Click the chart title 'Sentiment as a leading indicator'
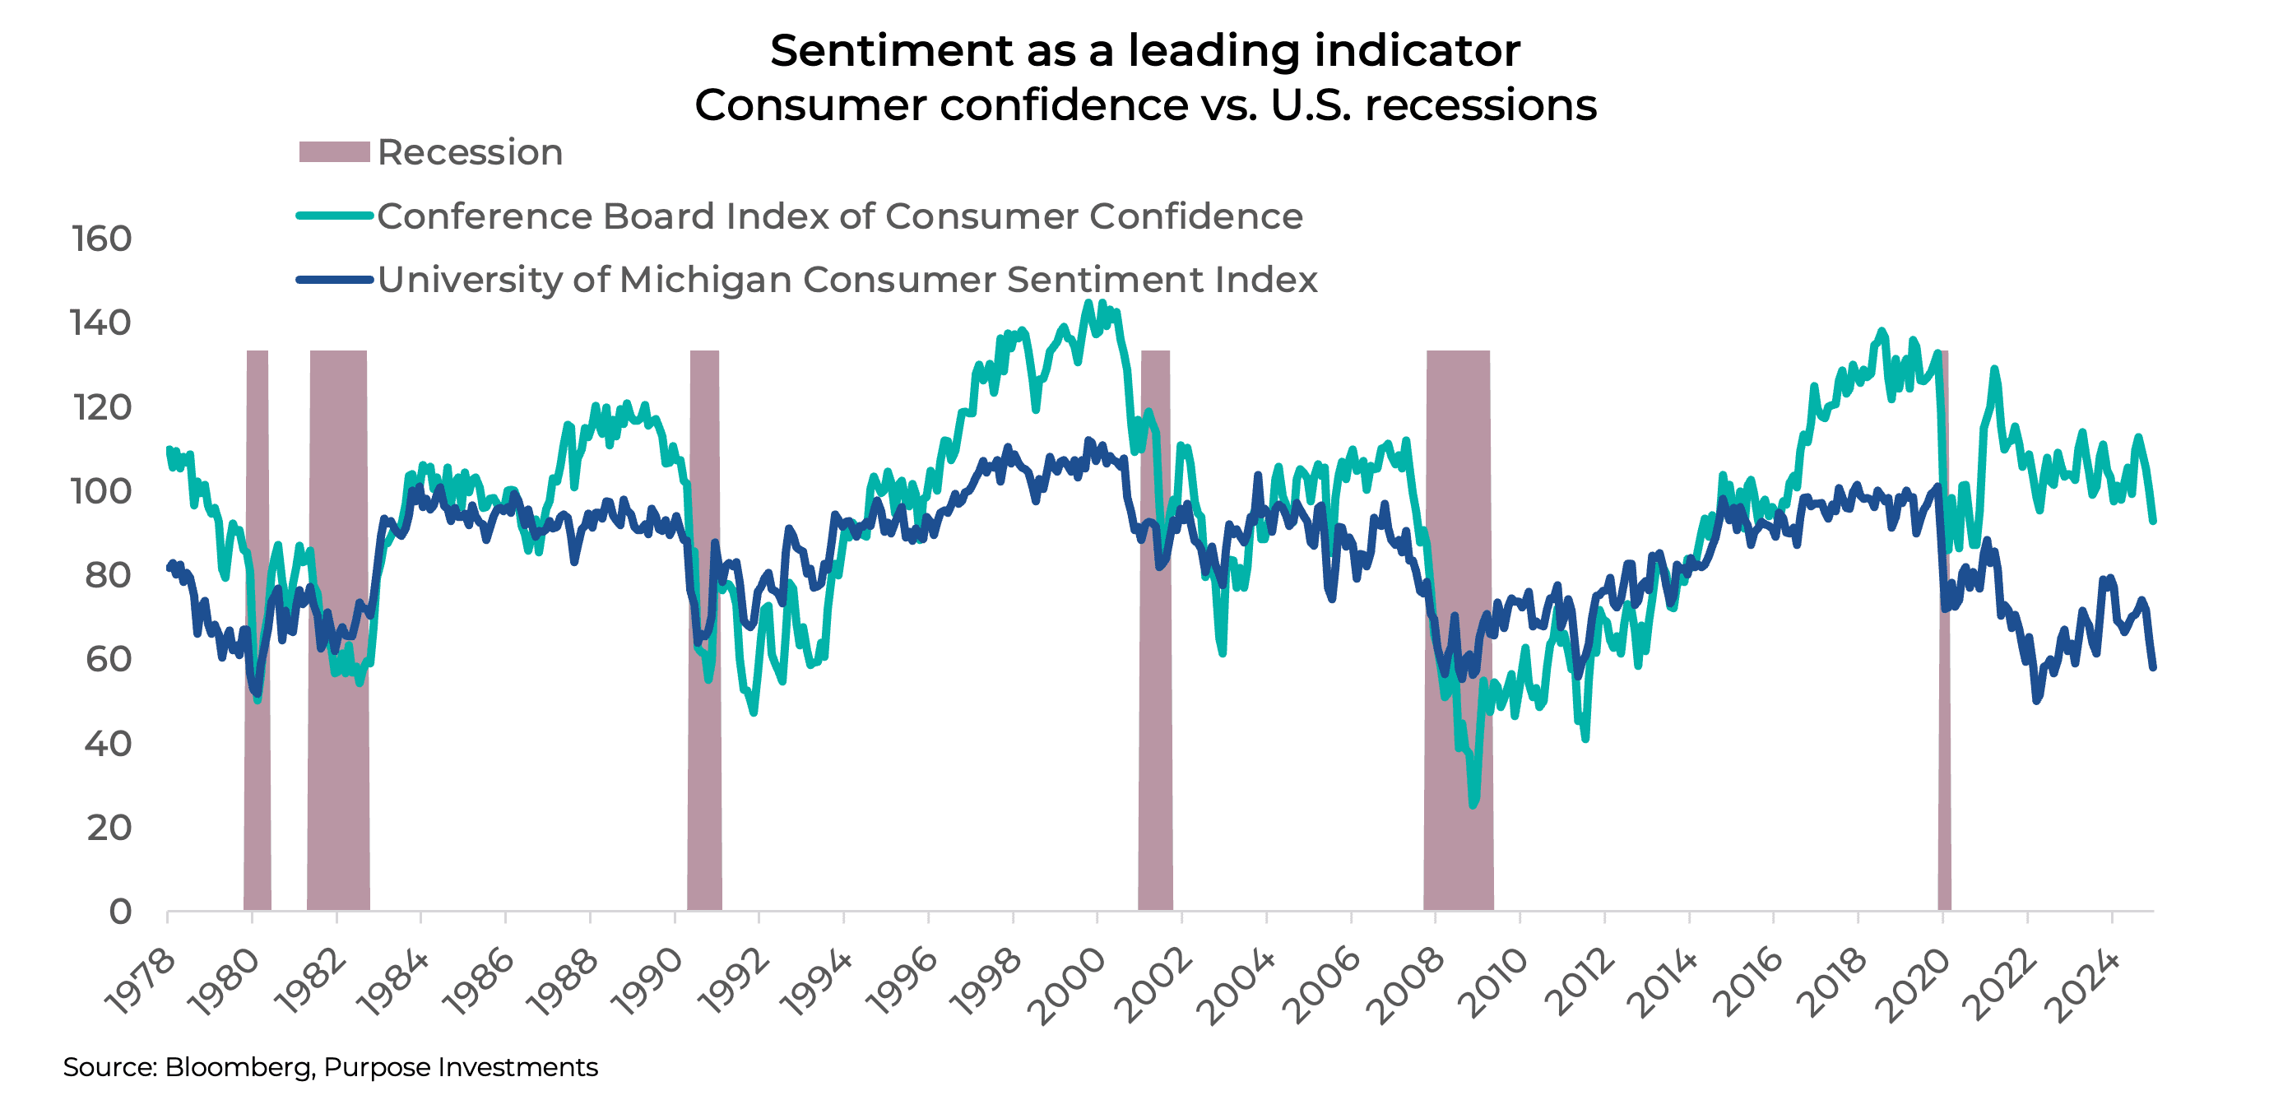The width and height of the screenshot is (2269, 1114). click(1144, 50)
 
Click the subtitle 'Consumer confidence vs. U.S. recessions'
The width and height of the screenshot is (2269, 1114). click(1144, 104)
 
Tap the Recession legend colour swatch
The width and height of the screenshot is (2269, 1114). click(334, 151)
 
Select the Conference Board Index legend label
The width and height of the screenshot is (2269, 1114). click(839, 216)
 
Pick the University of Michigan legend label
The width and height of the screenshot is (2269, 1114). click(847, 279)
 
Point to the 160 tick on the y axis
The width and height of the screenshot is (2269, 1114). click(102, 239)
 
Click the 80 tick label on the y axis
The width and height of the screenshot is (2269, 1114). click(108, 575)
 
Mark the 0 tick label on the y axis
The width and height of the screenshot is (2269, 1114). click(120, 912)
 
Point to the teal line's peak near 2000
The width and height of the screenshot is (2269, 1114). click(1088, 303)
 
